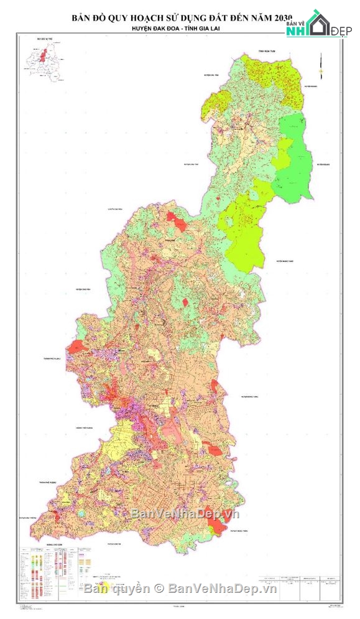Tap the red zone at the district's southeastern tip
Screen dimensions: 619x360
tap(218, 528)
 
